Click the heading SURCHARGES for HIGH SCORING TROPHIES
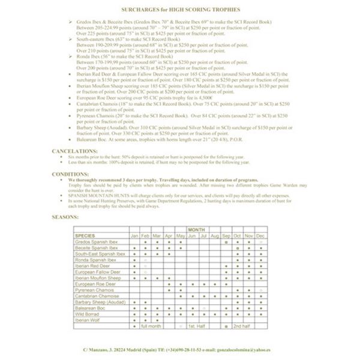coord(179,11)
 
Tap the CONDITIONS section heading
coord(72,175)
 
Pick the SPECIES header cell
coord(86,235)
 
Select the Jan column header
coord(134,235)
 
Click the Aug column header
coord(215,235)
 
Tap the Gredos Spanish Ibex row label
coord(98,241)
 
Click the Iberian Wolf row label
coord(89,320)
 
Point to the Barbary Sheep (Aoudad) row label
coord(100,302)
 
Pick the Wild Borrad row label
coord(88,314)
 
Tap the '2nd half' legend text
coord(241,326)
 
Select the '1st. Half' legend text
coord(197,326)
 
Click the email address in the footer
coord(248,349)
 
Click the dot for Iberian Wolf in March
coord(157,320)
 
